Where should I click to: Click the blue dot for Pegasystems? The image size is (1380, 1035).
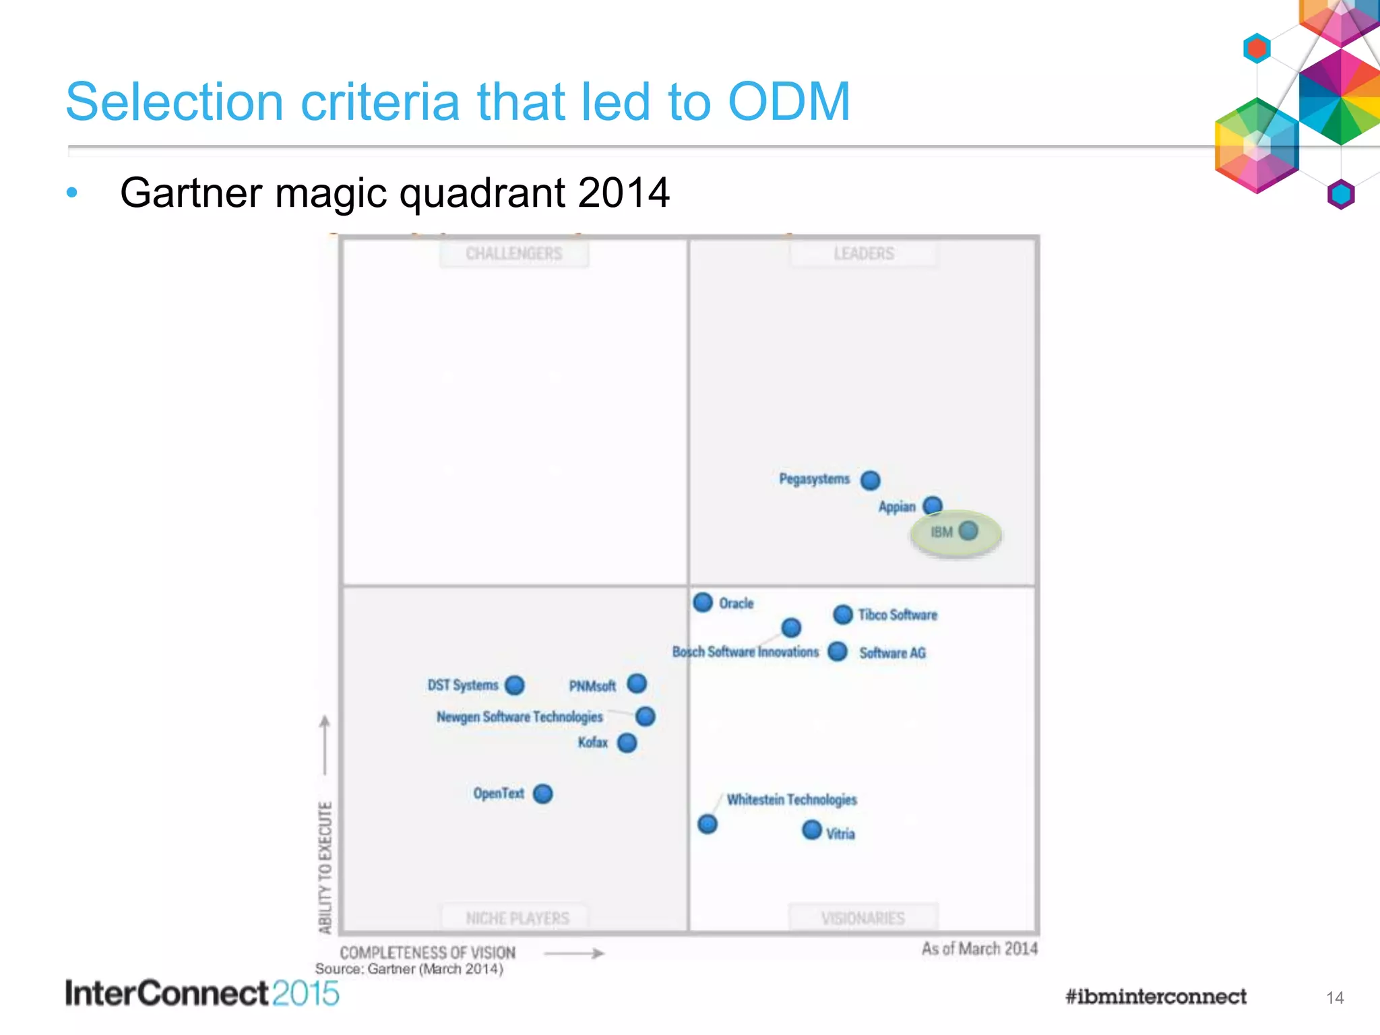point(871,480)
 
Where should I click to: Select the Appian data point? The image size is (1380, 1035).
point(933,505)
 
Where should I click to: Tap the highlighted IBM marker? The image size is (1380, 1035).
point(968,531)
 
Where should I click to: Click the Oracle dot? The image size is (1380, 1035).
point(703,602)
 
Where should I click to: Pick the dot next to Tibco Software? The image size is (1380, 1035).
point(843,614)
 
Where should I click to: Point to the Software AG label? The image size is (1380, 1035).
point(892,653)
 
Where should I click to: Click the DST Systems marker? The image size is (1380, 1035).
point(515,685)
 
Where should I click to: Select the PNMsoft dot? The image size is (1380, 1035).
point(637,684)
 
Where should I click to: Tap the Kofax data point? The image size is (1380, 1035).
point(627,743)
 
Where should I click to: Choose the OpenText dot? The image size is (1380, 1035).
point(543,794)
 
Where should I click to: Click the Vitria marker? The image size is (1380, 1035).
point(812,829)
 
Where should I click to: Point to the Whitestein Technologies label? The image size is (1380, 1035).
point(792,800)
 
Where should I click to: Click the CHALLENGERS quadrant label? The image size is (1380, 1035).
point(514,254)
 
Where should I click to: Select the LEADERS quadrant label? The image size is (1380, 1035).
point(864,254)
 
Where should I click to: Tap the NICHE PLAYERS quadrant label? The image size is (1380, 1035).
point(517,918)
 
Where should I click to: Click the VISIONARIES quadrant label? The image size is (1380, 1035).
point(863,918)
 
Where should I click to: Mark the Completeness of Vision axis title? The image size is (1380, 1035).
point(428,953)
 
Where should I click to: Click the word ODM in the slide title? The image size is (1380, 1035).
point(789,102)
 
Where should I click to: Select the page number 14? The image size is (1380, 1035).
point(1335,998)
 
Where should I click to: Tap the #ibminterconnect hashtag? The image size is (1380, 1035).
point(1156,997)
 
